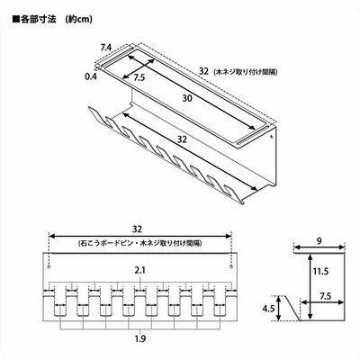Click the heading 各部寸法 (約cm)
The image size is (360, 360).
click(52, 20)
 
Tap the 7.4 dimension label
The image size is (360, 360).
click(106, 47)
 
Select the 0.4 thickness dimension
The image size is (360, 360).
click(91, 76)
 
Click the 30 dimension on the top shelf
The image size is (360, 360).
click(187, 98)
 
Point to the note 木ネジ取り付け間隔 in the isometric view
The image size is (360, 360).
click(246, 72)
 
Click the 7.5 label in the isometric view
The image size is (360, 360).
click(139, 77)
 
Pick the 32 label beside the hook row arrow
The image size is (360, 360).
click(182, 139)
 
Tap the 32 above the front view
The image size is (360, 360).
click(137, 229)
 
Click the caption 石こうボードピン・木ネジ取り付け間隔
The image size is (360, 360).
click(139, 243)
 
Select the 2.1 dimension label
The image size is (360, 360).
click(139, 271)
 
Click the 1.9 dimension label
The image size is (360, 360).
click(140, 339)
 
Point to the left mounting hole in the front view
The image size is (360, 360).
click(49, 267)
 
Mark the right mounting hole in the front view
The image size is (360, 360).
click(231, 267)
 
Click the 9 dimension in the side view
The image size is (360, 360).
click(319, 241)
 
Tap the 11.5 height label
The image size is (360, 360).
click(320, 272)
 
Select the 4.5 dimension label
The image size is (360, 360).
click(268, 308)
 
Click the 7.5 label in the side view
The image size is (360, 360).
click(325, 296)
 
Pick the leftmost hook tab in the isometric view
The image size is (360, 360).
click(94, 116)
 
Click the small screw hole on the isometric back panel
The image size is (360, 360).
click(271, 137)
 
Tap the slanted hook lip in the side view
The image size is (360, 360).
click(292, 308)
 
